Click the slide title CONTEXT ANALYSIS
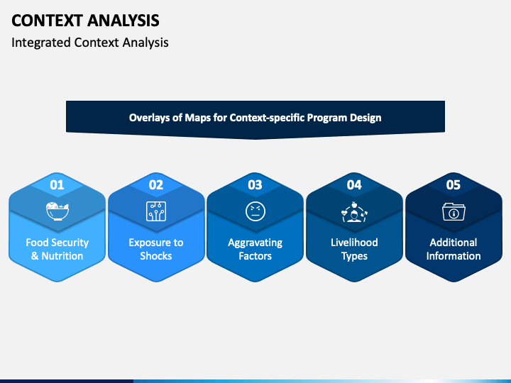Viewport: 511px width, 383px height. click(85, 21)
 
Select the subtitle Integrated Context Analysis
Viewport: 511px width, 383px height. click(90, 43)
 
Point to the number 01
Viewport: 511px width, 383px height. click(57, 185)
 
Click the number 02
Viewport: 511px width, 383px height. click(156, 185)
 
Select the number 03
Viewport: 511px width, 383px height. click(255, 185)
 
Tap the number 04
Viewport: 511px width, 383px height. click(354, 185)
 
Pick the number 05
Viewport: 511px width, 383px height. click(454, 185)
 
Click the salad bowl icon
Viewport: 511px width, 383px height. click(57, 211)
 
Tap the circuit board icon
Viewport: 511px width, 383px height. click(156, 211)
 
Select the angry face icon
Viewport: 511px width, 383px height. click(255, 211)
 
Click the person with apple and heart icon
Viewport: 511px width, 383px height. click(354, 211)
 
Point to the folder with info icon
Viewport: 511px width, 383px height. click(454, 211)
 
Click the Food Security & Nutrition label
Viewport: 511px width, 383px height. click(57, 249)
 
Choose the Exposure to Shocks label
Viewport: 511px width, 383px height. click(156, 249)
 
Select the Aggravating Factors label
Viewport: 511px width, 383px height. click(255, 249)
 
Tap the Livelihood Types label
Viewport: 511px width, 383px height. click(354, 249)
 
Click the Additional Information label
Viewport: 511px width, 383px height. click(454, 249)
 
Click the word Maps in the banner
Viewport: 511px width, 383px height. click(197, 118)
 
